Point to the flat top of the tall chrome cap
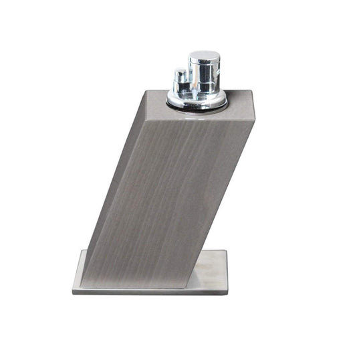[204, 56]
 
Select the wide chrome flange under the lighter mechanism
[197, 100]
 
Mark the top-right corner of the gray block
[253, 91]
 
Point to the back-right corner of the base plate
[227, 250]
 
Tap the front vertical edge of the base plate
[150, 291]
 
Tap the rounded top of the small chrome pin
[180, 70]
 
